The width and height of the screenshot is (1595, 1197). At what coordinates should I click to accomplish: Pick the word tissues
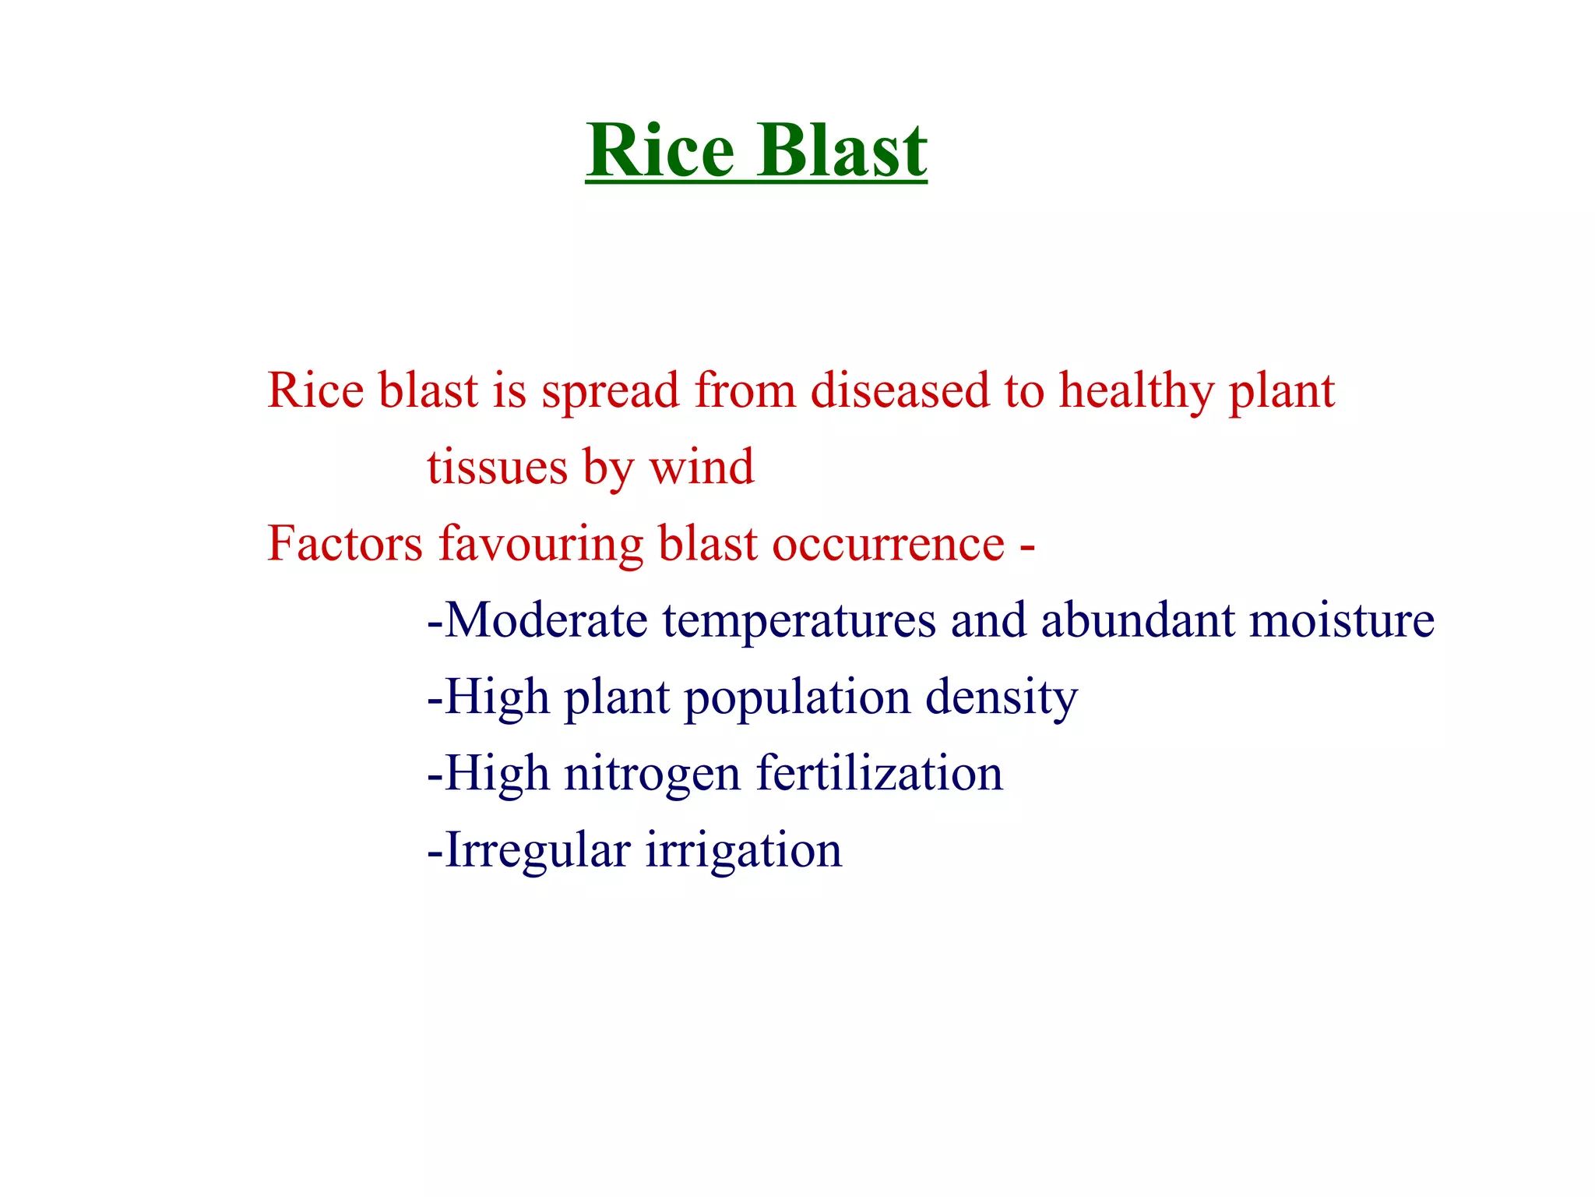click(497, 467)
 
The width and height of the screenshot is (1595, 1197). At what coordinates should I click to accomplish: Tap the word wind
click(702, 467)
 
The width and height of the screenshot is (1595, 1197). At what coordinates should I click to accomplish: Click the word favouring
click(541, 545)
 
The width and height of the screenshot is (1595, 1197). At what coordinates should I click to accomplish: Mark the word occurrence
click(889, 545)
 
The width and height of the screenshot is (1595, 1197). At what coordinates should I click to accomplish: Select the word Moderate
click(546, 620)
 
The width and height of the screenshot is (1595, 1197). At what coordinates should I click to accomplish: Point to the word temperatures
click(800, 622)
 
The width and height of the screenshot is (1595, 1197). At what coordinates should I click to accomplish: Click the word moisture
click(1342, 620)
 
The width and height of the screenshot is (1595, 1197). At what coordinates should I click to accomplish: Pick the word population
click(797, 698)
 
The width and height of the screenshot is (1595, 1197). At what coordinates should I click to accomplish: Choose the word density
click(1002, 697)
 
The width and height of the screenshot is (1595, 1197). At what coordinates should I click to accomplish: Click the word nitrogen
click(652, 775)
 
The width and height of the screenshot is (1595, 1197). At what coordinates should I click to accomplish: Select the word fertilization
click(880, 773)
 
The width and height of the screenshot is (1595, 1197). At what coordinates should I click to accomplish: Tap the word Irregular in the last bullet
click(538, 850)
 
